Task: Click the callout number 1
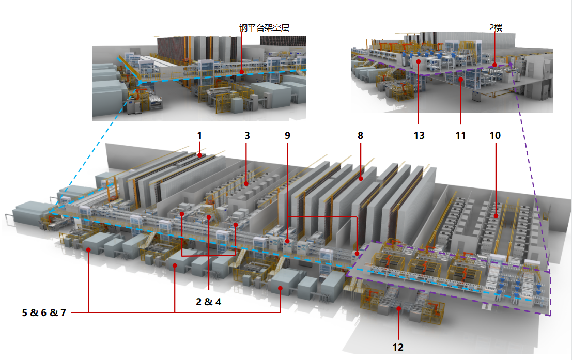199,135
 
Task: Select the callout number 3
247,135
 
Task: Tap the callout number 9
287,135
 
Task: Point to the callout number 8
360,135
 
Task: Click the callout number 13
419,135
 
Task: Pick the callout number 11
460,135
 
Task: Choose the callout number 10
495,135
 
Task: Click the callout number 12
398,347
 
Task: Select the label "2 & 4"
208,302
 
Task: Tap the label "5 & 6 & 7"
44,312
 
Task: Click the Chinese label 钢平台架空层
264,28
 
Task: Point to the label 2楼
496,28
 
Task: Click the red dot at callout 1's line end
199,154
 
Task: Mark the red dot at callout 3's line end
246,183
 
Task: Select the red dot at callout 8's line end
361,179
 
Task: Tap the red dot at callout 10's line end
496,216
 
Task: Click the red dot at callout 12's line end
398,308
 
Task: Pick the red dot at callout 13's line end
418,61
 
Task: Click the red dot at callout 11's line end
460,80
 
